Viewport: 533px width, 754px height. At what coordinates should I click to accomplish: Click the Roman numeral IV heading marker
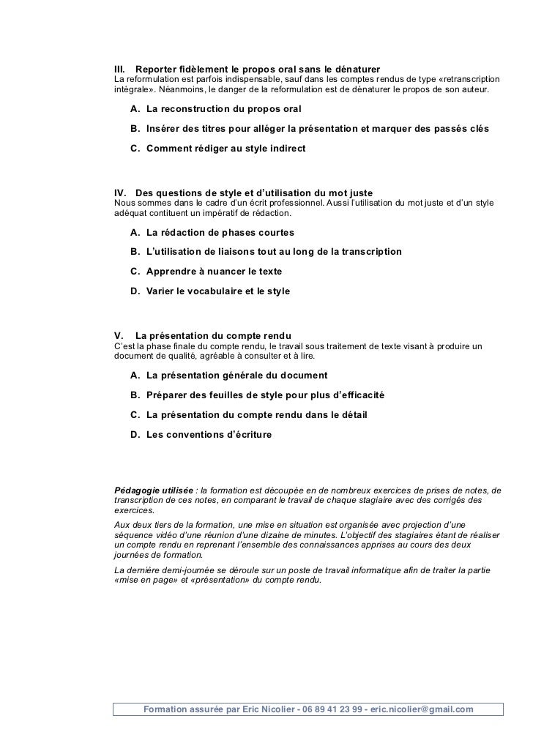point(122,193)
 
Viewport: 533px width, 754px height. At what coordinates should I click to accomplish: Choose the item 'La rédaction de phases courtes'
point(220,233)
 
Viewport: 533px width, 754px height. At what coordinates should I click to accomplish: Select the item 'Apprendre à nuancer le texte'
point(214,271)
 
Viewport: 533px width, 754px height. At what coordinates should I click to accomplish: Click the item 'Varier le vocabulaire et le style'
point(218,291)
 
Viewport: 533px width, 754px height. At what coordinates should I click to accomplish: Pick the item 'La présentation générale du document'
point(237,376)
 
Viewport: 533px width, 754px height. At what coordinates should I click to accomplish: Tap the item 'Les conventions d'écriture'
point(209,434)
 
